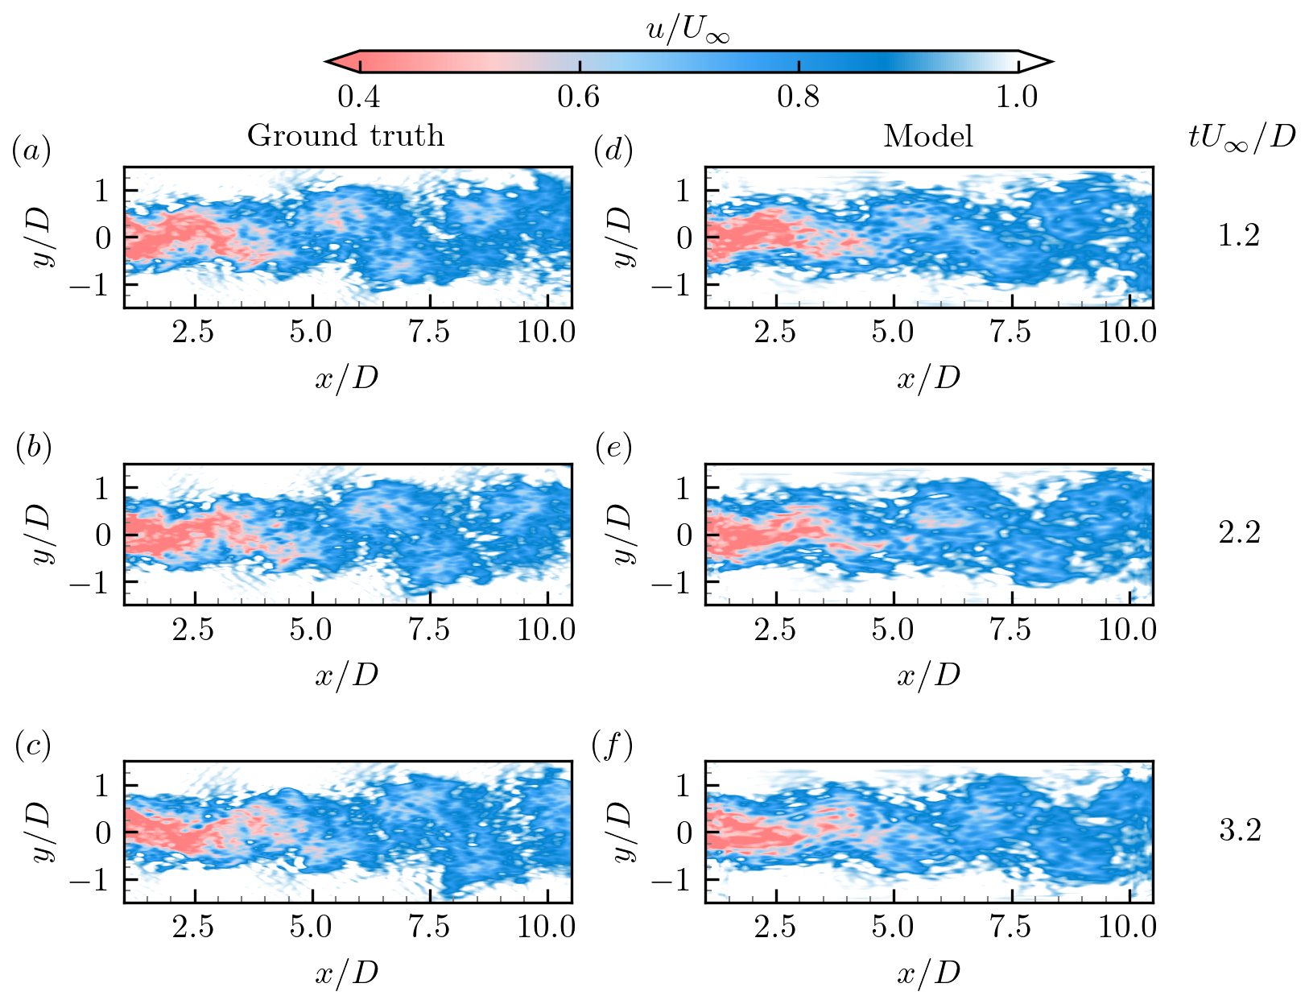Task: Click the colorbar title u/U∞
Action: tap(688, 31)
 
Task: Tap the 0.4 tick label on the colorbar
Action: tap(359, 97)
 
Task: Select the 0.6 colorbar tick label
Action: tap(579, 97)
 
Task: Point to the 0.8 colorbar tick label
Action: tap(799, 97)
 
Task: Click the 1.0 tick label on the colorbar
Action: tap(1018, 97)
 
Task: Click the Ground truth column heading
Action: tap(345, 135)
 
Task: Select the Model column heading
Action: tap(928, 136)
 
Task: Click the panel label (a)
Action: tap(31, 151)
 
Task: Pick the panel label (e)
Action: tap(613, 448)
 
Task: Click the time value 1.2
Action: tap(1239, 236)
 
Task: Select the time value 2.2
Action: tap(1239, 533)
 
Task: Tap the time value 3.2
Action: tap(1239, 830)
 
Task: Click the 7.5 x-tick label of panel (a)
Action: tap(429, 333)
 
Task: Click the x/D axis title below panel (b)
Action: tap(346, 675)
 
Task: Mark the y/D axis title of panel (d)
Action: tap(622, 238)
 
